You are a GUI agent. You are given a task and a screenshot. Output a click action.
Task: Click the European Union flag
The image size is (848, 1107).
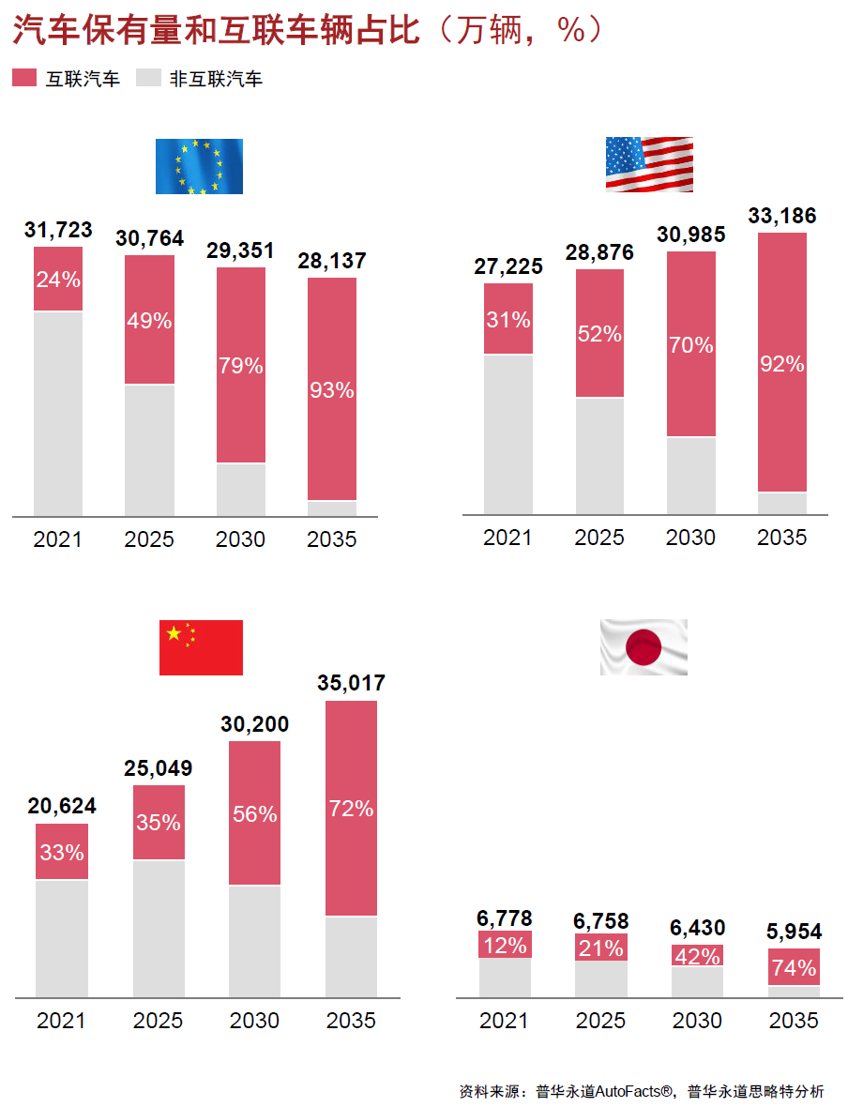click(x=199, y=166)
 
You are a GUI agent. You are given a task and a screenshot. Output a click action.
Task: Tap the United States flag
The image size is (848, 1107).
click(x=649, y=164)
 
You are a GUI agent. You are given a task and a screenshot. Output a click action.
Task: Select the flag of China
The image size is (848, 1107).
click(x=201, y=647)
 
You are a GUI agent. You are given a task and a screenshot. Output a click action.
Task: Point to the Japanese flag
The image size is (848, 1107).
click(x=644, y=647)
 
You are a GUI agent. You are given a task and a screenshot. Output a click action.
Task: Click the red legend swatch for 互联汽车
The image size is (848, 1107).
click(x=23, y=79)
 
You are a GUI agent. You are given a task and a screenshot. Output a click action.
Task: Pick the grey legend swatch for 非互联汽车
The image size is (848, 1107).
click(x=148, y=79)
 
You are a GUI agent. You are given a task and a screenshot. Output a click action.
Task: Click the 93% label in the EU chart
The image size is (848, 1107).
click(x=332, y=390)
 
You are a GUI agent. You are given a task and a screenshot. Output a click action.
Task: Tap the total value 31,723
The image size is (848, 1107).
click(x=58, y=230)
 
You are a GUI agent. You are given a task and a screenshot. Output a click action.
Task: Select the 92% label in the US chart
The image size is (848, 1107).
click(x=782, y=364)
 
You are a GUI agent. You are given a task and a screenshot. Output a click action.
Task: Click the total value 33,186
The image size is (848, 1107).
click(x=782, y=216)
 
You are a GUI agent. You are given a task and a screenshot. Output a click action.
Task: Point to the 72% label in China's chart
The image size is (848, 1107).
click(x=351, y=808)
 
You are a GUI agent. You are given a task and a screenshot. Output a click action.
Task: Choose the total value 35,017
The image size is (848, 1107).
click(x=351, y=683)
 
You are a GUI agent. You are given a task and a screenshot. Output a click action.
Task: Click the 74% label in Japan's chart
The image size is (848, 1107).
click(x=794, y=967)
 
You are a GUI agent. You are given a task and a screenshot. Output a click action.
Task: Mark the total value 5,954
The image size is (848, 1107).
click(x=794, y=932)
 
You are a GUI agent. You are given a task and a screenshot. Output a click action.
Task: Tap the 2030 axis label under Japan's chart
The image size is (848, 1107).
click(x=697, y=1021)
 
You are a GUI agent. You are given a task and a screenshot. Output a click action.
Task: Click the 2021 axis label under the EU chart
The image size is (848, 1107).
click(x=58, y=539)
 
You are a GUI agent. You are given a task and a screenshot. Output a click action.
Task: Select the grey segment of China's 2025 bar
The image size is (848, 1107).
click(x=159, y=928)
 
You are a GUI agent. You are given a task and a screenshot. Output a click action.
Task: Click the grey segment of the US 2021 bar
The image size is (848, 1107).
click(x=508, y=433)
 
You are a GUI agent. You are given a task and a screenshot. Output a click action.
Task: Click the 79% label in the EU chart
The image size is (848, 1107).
click(x=241, y=366)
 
